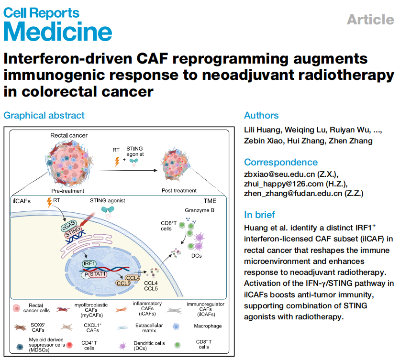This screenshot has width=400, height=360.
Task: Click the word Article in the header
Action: click(370, 20)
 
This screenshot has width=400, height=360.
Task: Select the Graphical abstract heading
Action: click(44, 115)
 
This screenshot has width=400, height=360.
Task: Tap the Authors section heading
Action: click(261, 115)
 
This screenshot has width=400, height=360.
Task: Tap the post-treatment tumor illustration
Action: click(178, 163)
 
